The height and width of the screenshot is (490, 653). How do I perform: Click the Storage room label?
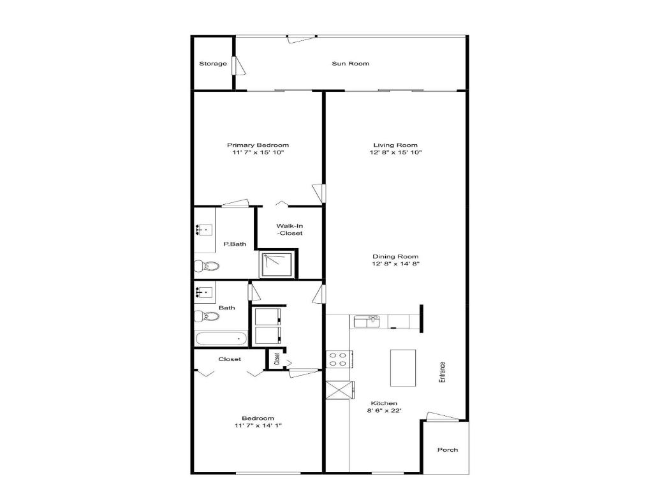pyautogui.click(x=212, y=64)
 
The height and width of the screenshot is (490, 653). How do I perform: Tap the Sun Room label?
pyautogui.click(x=350, y=63)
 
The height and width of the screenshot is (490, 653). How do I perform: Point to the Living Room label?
pyautogui.click(x=395, y=145)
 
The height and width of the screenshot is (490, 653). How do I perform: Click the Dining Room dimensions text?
pyautogui.click(x=395, y=264)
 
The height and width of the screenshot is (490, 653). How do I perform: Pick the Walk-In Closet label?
pyautogui.click(x=289, y=229)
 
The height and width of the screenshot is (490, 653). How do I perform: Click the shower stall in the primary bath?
pyautogui.click(x=278, y=264)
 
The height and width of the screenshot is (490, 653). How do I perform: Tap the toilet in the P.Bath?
pyautogui.click(x=207, y=265)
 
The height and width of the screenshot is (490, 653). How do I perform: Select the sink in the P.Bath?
pyautogui.click(x=205, y=228)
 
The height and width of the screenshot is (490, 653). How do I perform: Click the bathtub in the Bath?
pyautogui.click(x=221, y=339)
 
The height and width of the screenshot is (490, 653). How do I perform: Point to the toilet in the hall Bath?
pyautogui.click(x=207, y=315)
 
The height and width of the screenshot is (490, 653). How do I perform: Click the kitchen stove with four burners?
pyautogui.click(x=337, y=359)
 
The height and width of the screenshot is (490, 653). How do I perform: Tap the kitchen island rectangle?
pyautogui.click(x=403, y=367)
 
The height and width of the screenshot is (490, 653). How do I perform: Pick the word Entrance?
pyautogui.click(x=441, y=372)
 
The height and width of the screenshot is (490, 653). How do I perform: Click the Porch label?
pyautogui.click(x=447, y=450)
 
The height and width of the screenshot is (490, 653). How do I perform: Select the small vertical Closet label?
pyautogui.click(x=277, y=359)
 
